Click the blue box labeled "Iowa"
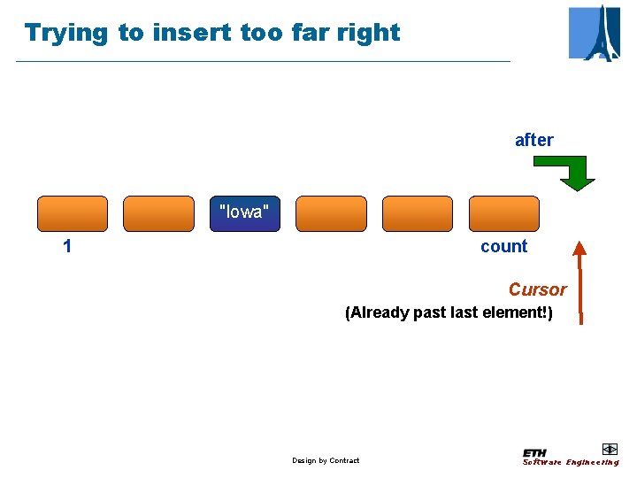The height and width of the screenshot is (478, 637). (244, 213)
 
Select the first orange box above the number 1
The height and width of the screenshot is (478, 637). (72, 213)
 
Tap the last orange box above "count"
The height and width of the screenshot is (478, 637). (503, 213)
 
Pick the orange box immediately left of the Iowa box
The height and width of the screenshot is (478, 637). (158, 213)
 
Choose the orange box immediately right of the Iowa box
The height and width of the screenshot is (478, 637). (330, 213)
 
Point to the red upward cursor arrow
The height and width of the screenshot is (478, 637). (579, 279)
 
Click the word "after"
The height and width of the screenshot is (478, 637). (533, 140)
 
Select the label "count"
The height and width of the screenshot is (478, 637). (503, 247)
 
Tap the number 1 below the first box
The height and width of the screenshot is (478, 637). (67, 247)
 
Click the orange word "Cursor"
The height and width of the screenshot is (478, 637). (537, 289)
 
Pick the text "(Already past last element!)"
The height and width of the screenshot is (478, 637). (448, 312)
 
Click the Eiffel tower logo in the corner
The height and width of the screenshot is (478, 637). (595, 33)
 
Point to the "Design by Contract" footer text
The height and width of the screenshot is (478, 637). (326, 460)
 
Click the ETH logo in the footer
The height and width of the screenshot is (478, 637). (534, 452)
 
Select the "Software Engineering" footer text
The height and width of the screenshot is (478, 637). (571, 462)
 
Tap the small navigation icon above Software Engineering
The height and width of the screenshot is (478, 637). (609, 449)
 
